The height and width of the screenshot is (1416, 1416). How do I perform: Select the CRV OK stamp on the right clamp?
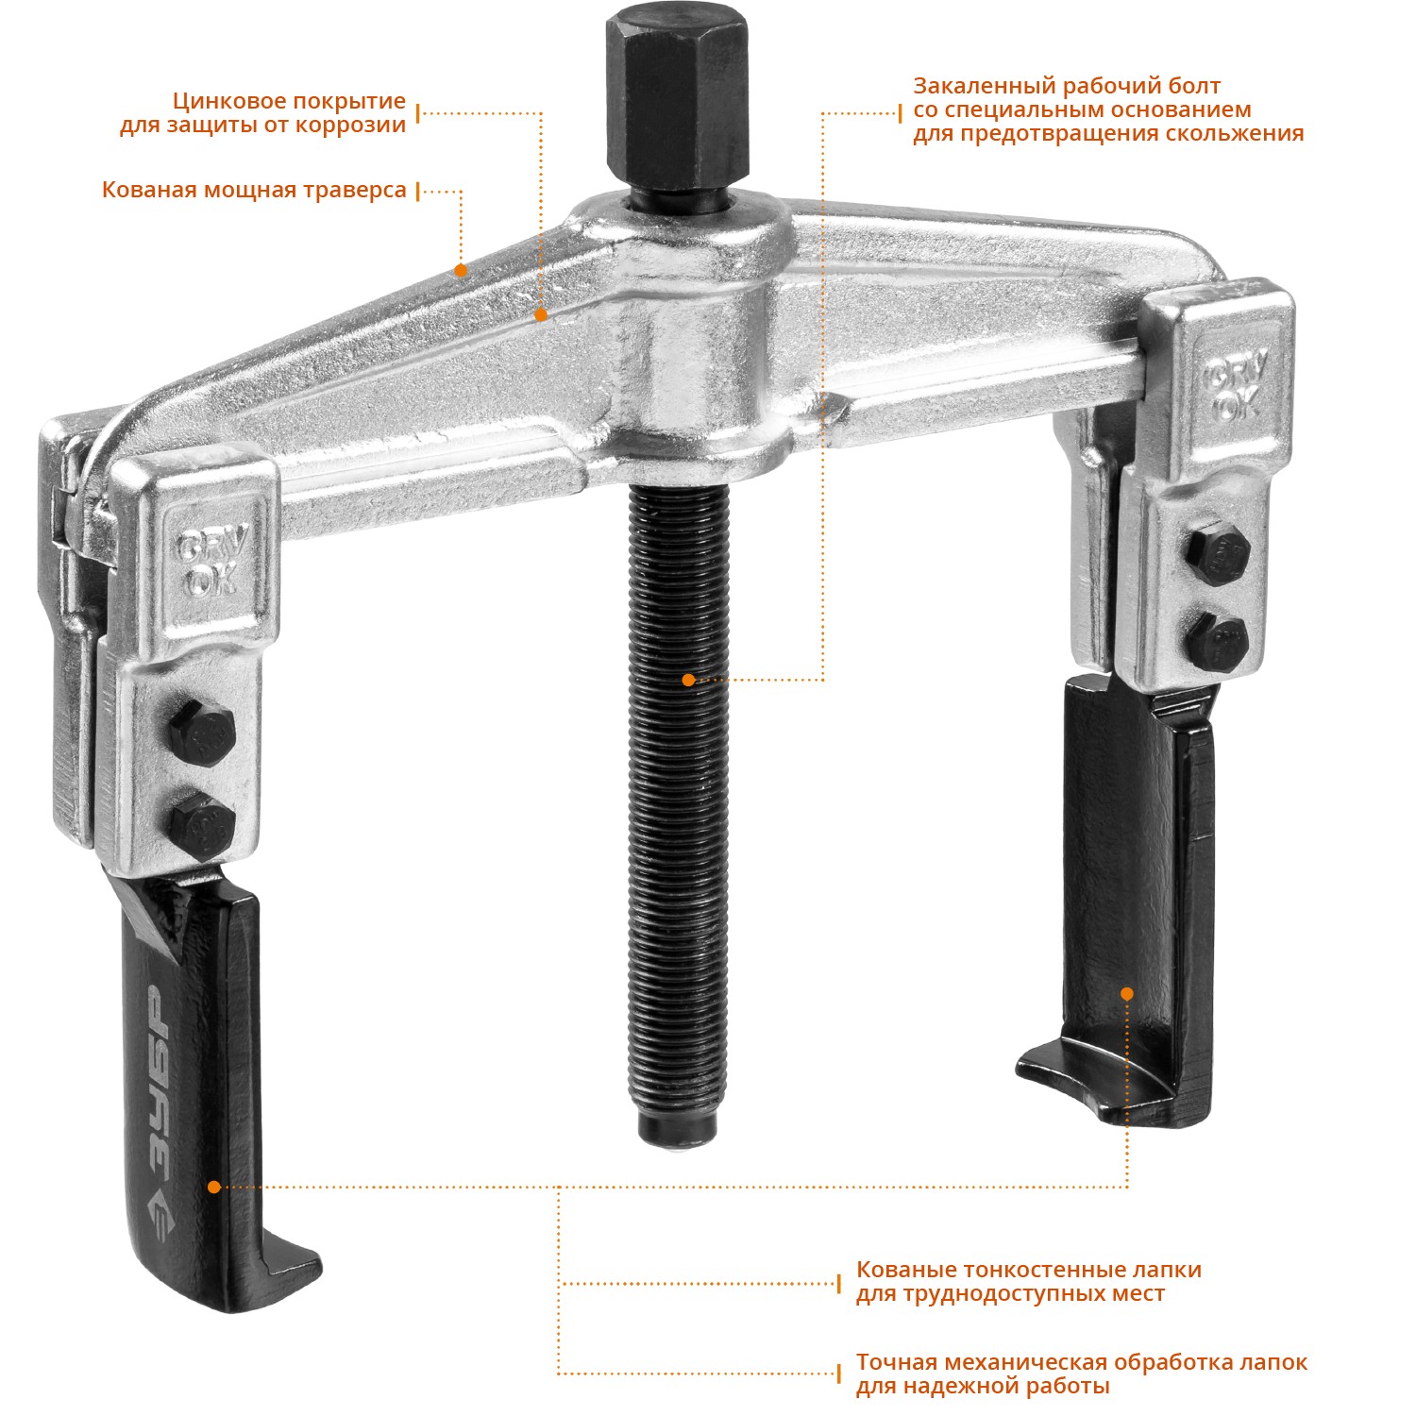(x=1235, y=388)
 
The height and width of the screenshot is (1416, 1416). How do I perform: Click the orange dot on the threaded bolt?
(x=688, y=680)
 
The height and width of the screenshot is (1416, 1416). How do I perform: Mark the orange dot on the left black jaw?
(x=214, y=1187)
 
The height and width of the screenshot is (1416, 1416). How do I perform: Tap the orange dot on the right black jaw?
(x=1126, y=993)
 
